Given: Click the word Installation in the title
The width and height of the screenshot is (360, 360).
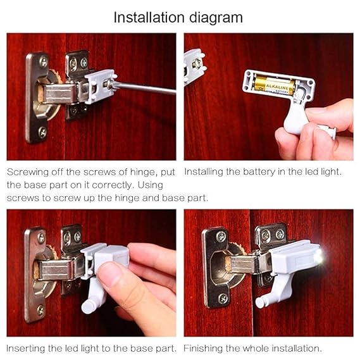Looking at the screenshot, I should (150, 17).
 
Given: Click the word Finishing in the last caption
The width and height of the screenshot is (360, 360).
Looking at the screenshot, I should (205, 348).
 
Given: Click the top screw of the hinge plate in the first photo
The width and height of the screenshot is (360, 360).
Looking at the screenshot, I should (42, 62).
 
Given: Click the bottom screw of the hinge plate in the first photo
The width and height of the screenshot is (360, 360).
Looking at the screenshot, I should (42, 132).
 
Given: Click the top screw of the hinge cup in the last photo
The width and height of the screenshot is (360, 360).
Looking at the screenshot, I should (221, 237).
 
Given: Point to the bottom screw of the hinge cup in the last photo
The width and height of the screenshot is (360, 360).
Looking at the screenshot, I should (223, 297).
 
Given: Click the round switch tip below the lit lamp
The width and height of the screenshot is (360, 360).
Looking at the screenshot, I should (259, 303).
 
